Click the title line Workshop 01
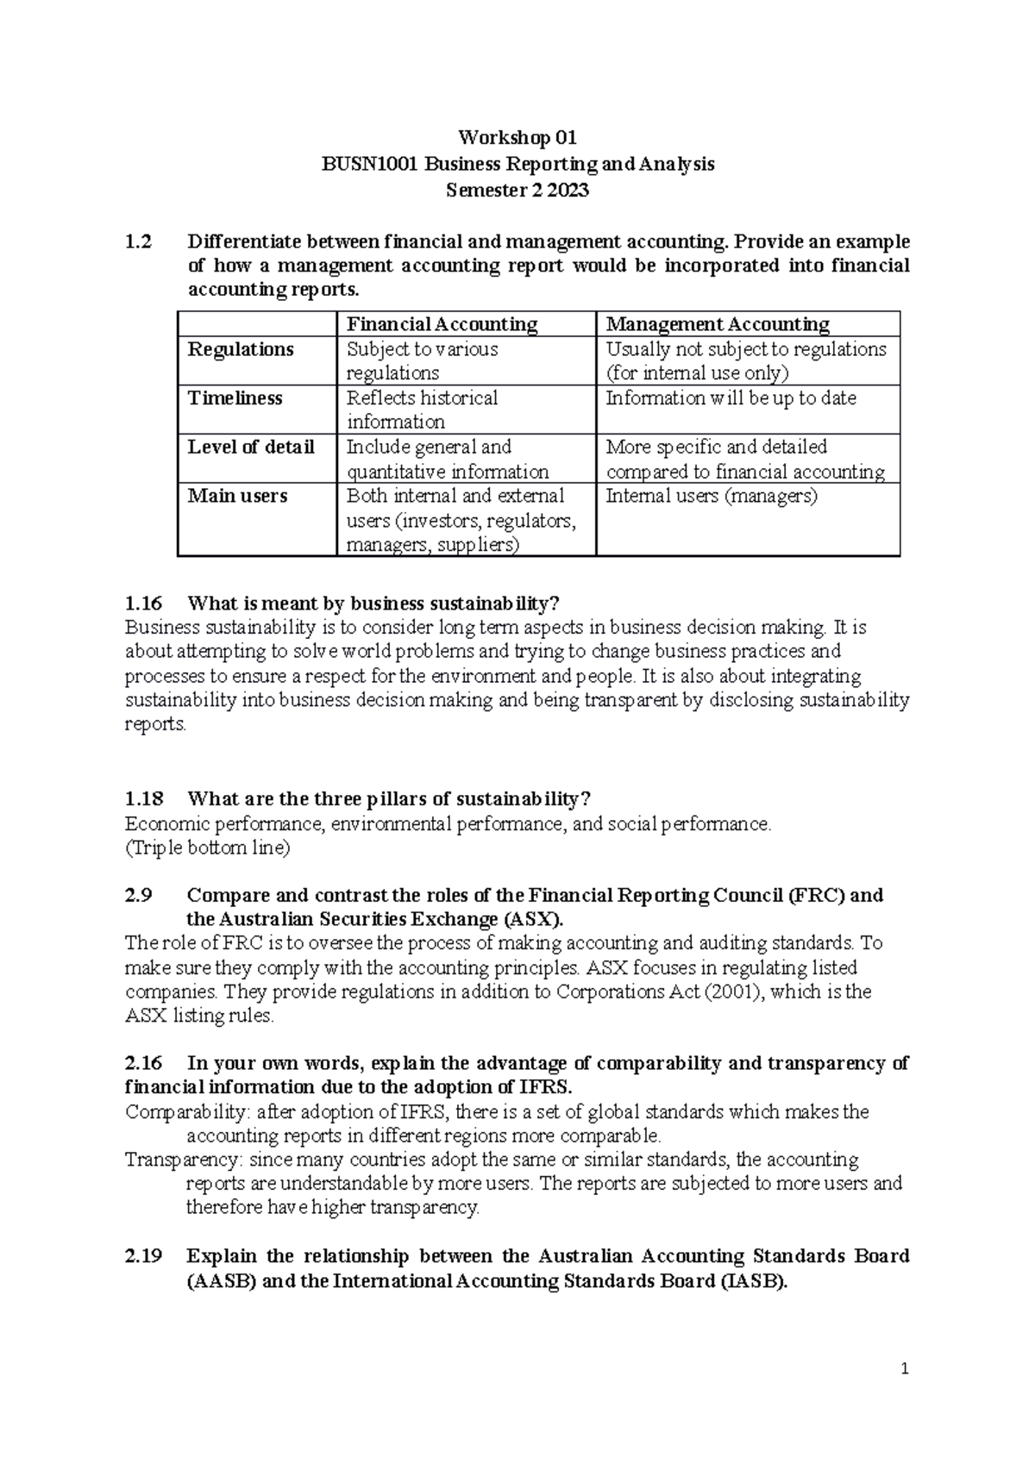[517, 138]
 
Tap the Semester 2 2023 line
[517, 191]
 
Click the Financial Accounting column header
[442, 324]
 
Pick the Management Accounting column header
[717, 324]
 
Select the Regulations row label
[241, 349]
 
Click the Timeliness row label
[235, 398]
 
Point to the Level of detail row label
[250, 447]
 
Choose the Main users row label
[237, 497]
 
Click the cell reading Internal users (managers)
[712, 497]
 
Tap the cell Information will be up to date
[731, 398]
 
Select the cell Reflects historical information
[422, 410]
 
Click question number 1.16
[143, 604]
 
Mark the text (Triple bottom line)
[208, 848]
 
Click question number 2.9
[138, 895]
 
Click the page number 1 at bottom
[905, 1369]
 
